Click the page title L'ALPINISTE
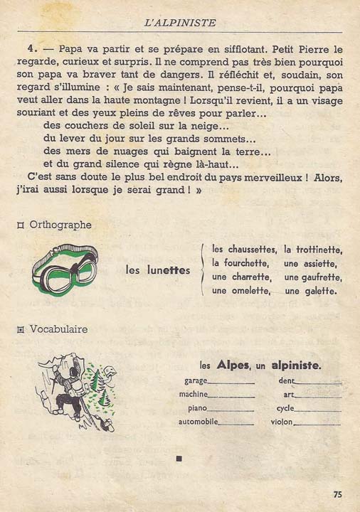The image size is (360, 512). [179, 23]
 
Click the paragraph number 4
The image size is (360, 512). [32, 50]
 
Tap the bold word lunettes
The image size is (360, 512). [168, 270]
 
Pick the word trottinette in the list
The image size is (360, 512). [313, 250]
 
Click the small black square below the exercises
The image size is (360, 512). [179, 459]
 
